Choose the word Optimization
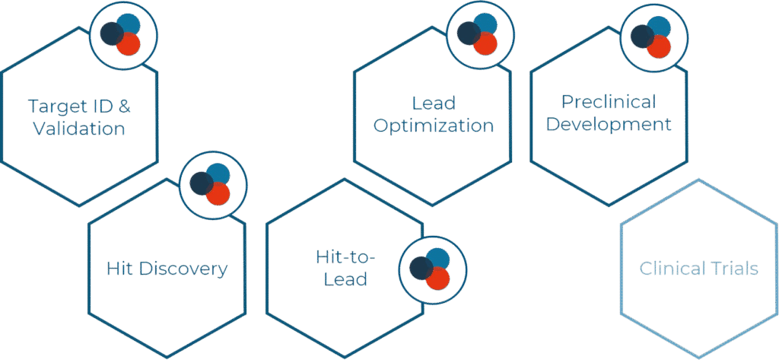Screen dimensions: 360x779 [433, 126]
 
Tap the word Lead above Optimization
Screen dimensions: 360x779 [434, 103]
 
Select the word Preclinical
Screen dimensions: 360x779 [608, 101]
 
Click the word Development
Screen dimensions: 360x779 [609, 123]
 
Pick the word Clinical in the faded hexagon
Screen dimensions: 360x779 [669, 268]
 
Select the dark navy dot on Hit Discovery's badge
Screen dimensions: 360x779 [201, 183]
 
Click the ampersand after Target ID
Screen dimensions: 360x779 [125, 106]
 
